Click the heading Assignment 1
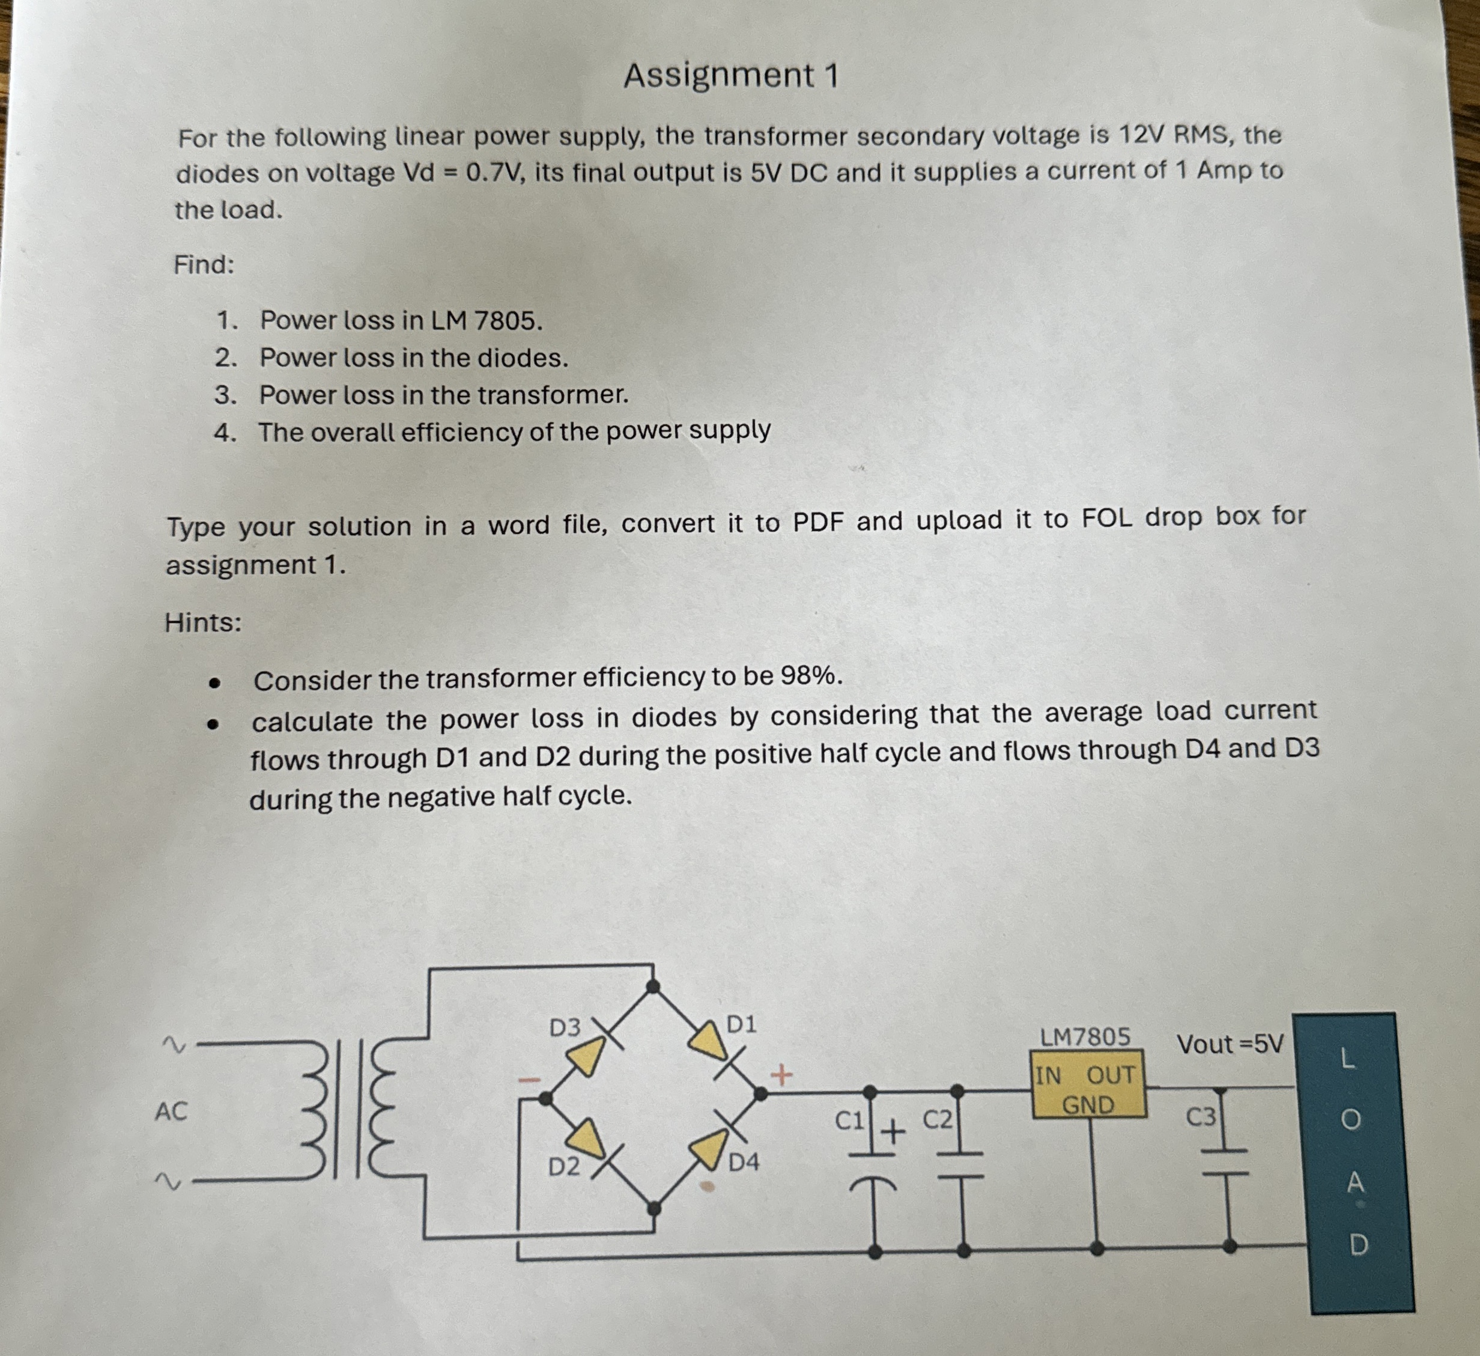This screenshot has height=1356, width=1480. [730, 76]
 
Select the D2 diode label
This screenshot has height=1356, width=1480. [564, 1166]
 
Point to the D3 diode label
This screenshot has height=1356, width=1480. [565, 1028]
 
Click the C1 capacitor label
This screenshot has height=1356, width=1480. [849, 1120]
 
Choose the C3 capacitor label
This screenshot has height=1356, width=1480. [1201, 1117]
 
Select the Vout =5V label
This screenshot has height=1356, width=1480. [1230, 1043]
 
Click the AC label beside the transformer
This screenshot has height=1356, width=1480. [171, 1111]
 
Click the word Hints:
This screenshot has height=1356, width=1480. [202, 622]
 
